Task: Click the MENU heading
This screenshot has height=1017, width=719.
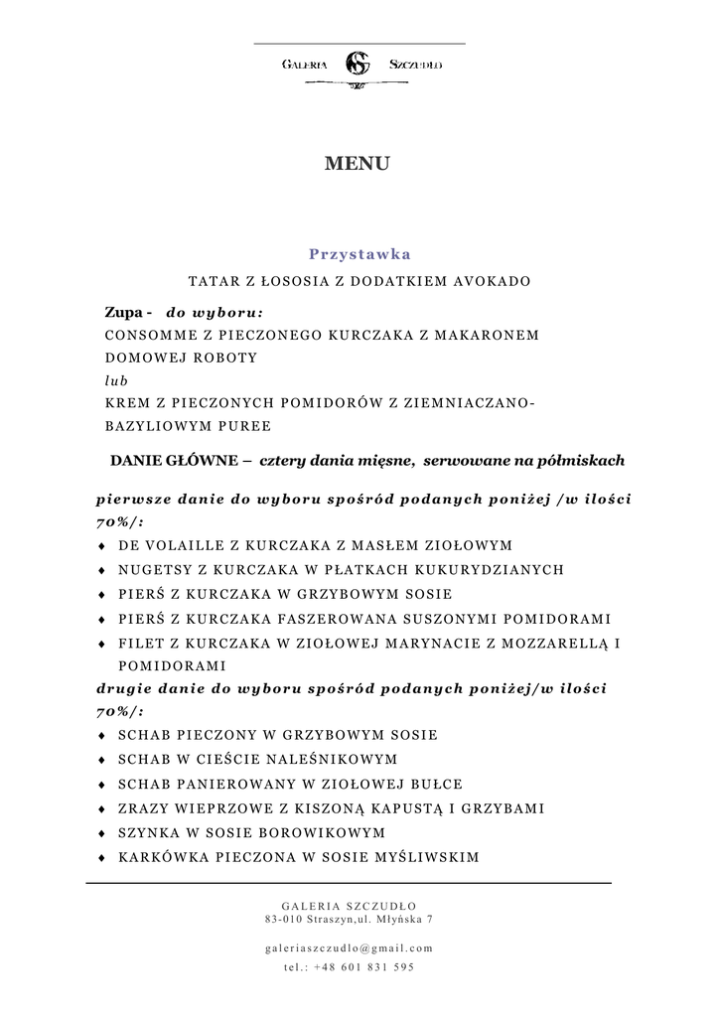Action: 358,164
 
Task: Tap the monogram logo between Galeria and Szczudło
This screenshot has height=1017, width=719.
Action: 357,65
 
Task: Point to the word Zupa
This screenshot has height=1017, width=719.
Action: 123,311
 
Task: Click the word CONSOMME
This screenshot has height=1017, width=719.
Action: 149,335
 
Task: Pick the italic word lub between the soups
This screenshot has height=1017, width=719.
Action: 115,380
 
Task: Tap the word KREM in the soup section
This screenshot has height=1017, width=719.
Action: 125,403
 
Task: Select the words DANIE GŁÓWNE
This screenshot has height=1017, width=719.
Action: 174,461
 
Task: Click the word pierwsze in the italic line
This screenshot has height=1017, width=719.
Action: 130,499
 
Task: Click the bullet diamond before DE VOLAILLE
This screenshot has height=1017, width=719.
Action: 102,546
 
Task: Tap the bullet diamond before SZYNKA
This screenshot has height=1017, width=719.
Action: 102,832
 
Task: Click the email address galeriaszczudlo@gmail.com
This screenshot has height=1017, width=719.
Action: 350,947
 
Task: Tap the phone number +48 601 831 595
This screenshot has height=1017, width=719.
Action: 363,966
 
